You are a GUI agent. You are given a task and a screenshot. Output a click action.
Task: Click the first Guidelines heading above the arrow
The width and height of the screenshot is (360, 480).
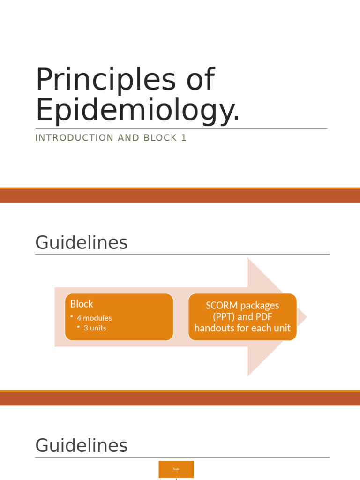click(81, 243)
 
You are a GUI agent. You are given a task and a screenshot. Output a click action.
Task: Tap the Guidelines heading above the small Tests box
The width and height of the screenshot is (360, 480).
click(81, 445)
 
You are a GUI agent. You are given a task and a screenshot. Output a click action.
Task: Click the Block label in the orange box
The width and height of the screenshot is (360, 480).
click(82, 304)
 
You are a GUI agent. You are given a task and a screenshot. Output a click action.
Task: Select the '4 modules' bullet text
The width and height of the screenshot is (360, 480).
click(94, 318)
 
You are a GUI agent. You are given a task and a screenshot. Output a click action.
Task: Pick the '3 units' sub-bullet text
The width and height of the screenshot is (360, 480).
click(95, 328)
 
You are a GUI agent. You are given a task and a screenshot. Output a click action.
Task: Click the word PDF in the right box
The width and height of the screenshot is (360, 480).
click(264, 317)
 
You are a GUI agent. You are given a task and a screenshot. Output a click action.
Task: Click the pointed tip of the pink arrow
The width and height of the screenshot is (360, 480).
click(306, 317)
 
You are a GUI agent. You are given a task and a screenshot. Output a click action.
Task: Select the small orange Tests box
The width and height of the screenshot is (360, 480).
click(176, 469)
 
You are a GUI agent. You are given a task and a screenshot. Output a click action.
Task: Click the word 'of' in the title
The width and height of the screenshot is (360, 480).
click(200, 80)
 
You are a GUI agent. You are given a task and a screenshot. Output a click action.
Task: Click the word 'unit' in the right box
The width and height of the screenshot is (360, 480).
click(281, 328)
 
